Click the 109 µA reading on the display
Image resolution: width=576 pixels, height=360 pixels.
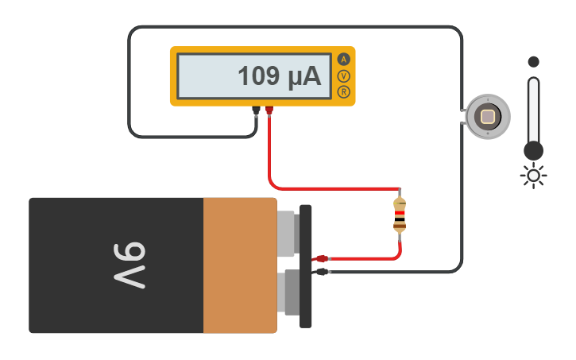279,76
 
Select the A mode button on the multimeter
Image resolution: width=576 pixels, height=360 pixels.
343,60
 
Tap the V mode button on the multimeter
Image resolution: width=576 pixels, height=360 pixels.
343,76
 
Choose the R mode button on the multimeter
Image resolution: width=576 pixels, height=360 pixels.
343,92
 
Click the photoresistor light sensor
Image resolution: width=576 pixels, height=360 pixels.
487,117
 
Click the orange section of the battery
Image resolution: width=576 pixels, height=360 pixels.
239,265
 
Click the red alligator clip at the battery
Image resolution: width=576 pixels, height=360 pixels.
320,258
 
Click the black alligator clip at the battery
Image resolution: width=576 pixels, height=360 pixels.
321,272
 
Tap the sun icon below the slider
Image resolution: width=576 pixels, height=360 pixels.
533,175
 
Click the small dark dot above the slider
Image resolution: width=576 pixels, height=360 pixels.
533,61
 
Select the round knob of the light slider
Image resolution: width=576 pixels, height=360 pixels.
533,150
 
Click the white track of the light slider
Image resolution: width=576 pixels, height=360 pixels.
533,107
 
